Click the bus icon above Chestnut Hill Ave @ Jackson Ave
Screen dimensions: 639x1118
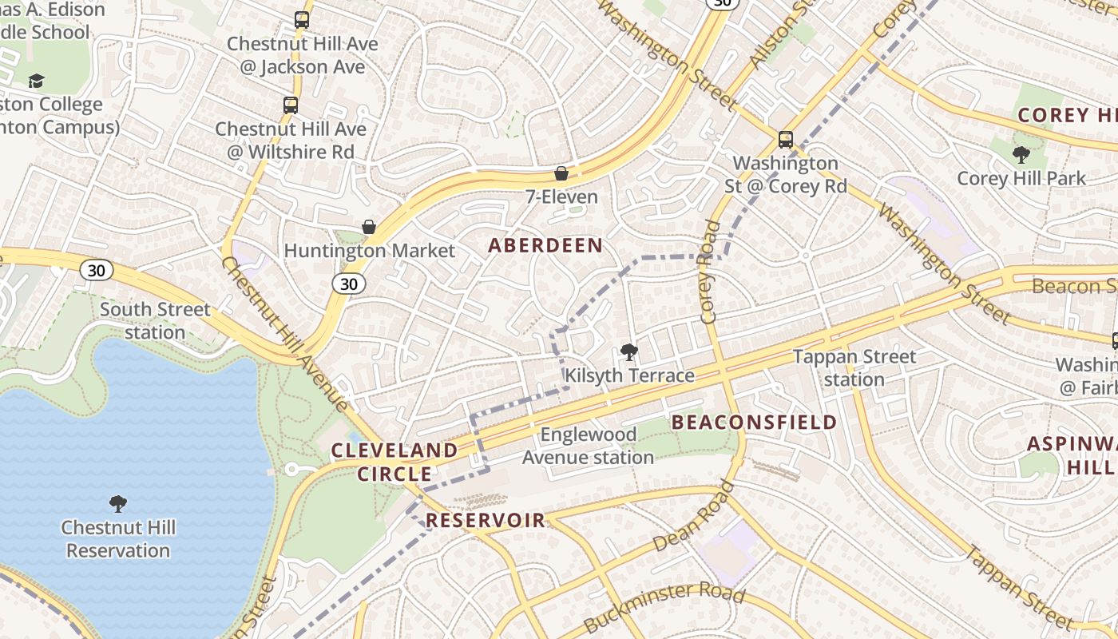(x=301, y=20)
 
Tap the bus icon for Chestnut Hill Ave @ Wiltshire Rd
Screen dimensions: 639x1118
(x=291, y=105)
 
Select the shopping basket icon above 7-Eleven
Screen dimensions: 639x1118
(x=561, y=173)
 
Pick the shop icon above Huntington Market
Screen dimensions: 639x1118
(x=369, y=228)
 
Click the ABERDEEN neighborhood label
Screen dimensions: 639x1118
(x=545, y=245)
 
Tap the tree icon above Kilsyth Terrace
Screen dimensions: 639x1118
(x=629, y=351)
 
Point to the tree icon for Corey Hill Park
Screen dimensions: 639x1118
(x=1021, y=155)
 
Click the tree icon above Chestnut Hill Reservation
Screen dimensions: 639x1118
(x=118, y=504)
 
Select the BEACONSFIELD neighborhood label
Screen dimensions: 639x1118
(x=755, y=422)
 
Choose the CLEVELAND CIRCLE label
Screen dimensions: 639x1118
(x=394, y=462)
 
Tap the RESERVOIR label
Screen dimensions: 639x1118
(x=486, y=521)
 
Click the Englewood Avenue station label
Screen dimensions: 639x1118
(x=589, y=446)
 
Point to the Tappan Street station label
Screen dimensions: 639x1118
(x=854, y=367)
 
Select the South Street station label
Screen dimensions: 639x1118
(x=155, y=320)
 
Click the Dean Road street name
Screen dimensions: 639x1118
(x=693, y=516)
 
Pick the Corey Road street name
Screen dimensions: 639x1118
(x=710, y=272)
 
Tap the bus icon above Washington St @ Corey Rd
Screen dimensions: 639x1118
(x=786, y=140)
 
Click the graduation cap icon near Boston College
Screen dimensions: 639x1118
(x=36, y=81)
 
